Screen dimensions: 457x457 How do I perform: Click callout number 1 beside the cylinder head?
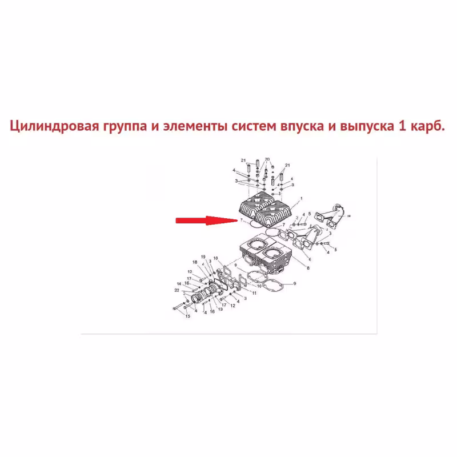point(302,198)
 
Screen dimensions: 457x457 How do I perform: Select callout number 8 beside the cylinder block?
point(308,268)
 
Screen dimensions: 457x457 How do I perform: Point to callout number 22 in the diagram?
point(177,290)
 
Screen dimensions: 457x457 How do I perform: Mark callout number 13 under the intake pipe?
point(220,309)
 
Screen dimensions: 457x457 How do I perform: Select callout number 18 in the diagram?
point(195,262)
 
